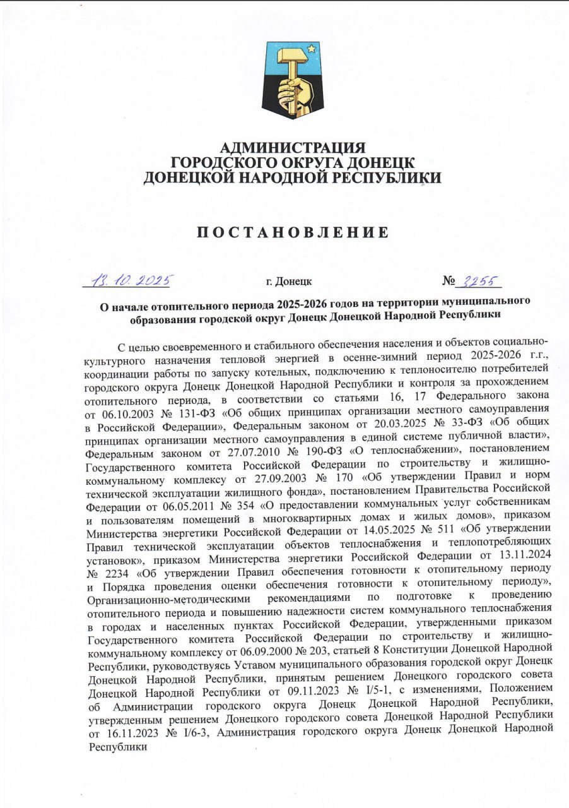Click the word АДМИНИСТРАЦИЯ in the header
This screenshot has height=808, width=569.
point(293,148)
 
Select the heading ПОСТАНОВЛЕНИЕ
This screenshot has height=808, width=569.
point(292,232)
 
